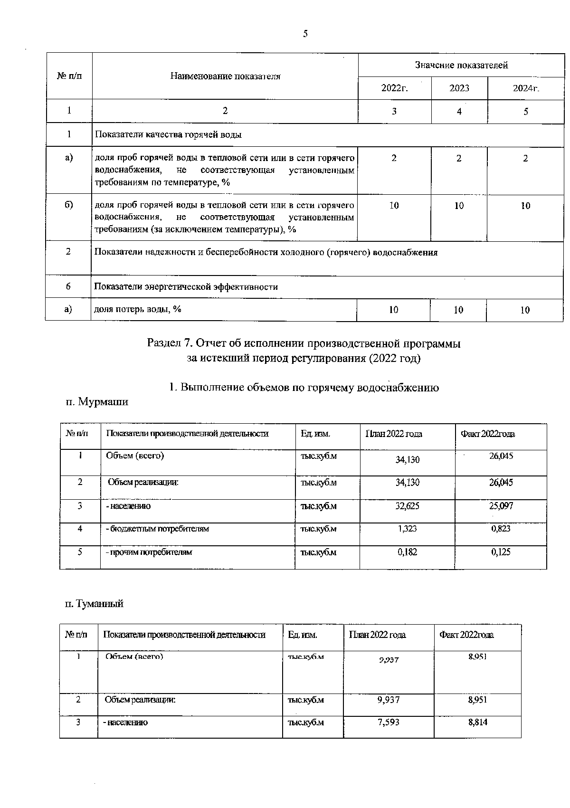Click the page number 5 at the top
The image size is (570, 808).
(x=305, y=34)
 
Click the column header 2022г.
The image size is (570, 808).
(x=395, y=88)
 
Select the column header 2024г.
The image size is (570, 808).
(x=526, y=88)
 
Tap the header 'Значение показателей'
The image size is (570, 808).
(x=461, y=65)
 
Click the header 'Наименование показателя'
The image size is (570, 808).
(x=225, y=76)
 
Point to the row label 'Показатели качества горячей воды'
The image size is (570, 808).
(x=168, y=134)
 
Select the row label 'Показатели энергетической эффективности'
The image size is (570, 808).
(x=186, y=287)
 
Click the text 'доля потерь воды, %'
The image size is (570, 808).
(x=138, y=309)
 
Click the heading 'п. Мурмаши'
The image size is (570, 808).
(x=96, y=402)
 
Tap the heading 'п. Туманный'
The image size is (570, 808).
(x=94, y=604)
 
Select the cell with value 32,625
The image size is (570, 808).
(x=407, y=506)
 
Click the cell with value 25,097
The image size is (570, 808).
(x=501, y=506)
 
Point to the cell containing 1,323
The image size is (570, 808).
(x=407, y=528)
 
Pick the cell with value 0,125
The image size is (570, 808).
(x=501, y=552)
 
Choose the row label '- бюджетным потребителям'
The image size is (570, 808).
(x=157, y=528)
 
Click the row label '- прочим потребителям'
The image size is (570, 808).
(x=149, y=552)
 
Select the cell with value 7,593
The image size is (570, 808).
(x=388, y=722)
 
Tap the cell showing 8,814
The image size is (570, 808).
(x=477, y=722)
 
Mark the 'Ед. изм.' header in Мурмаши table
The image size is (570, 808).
(x=315, y=434)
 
